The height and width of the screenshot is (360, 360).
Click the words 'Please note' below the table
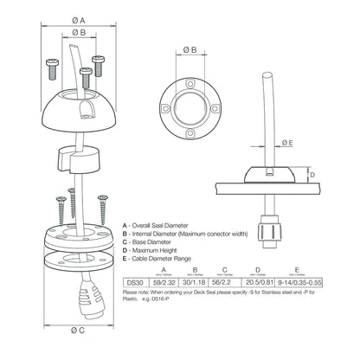coord(139,293)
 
